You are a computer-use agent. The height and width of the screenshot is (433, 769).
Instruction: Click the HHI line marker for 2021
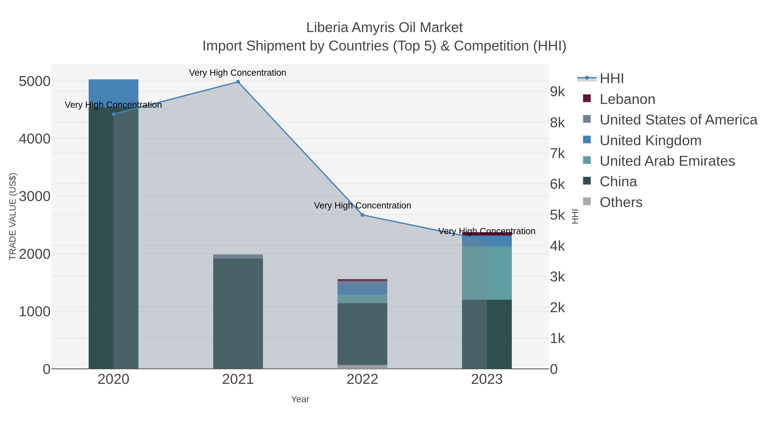(x=238, y=82)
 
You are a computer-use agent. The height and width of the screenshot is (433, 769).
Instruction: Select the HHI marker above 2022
(x=362, y=215)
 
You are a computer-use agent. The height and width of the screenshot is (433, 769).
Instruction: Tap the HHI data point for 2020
(x=113, y=114)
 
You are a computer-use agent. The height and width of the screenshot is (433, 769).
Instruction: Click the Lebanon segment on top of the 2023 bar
(x=487, y=234)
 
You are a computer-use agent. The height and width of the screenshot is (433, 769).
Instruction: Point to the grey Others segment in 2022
(x=362, y=367)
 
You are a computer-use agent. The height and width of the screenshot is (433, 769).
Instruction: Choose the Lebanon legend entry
(x=627, y=99)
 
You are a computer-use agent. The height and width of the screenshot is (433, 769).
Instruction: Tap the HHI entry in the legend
(x=611, y=79)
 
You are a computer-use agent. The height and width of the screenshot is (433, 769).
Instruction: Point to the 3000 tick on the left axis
(x=34, y=196)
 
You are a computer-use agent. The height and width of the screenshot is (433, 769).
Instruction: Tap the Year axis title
(x=300, y=399)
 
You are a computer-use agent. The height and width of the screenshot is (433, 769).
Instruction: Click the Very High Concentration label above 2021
(x=238, y=73)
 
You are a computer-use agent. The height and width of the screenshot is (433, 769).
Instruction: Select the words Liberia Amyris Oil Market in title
(x=384, y=28)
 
